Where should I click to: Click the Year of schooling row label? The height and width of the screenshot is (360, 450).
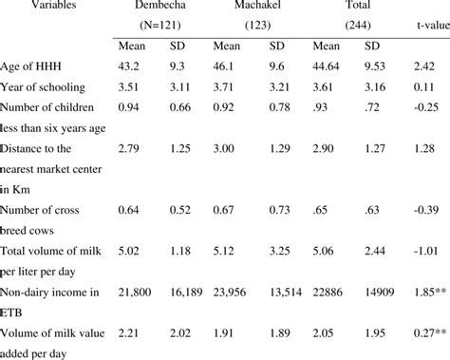click(x=52, y=86)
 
